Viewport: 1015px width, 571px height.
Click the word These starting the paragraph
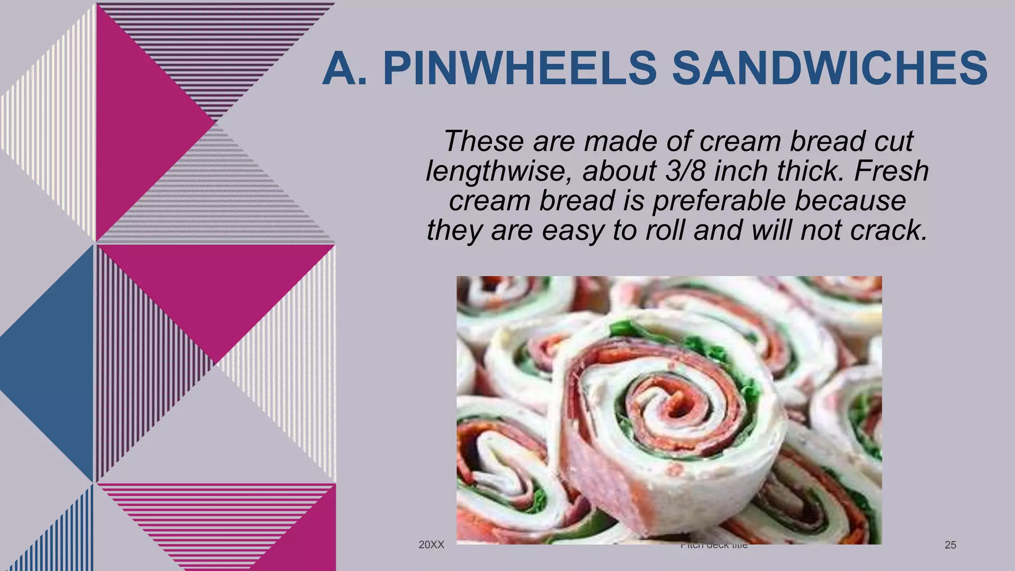[484, 141]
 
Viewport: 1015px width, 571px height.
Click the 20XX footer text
[431, 545]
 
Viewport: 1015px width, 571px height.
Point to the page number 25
[950, 545]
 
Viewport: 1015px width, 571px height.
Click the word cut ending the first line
[895, 141]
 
